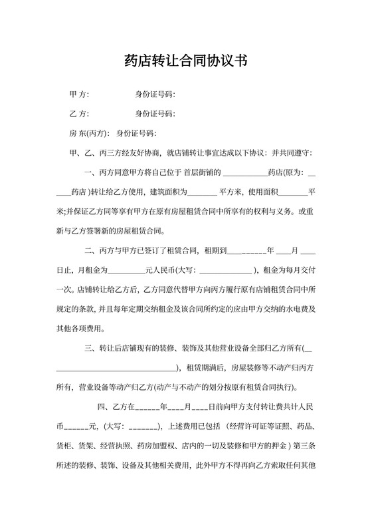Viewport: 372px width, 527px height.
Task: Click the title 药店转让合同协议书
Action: click(186, 62)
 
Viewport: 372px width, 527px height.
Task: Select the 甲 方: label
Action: click(79, 94)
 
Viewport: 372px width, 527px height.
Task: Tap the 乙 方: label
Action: click(79, 113)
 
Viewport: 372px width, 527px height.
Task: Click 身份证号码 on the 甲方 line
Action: click(155, 94)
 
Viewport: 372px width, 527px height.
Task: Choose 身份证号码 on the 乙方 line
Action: click(155, 113)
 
